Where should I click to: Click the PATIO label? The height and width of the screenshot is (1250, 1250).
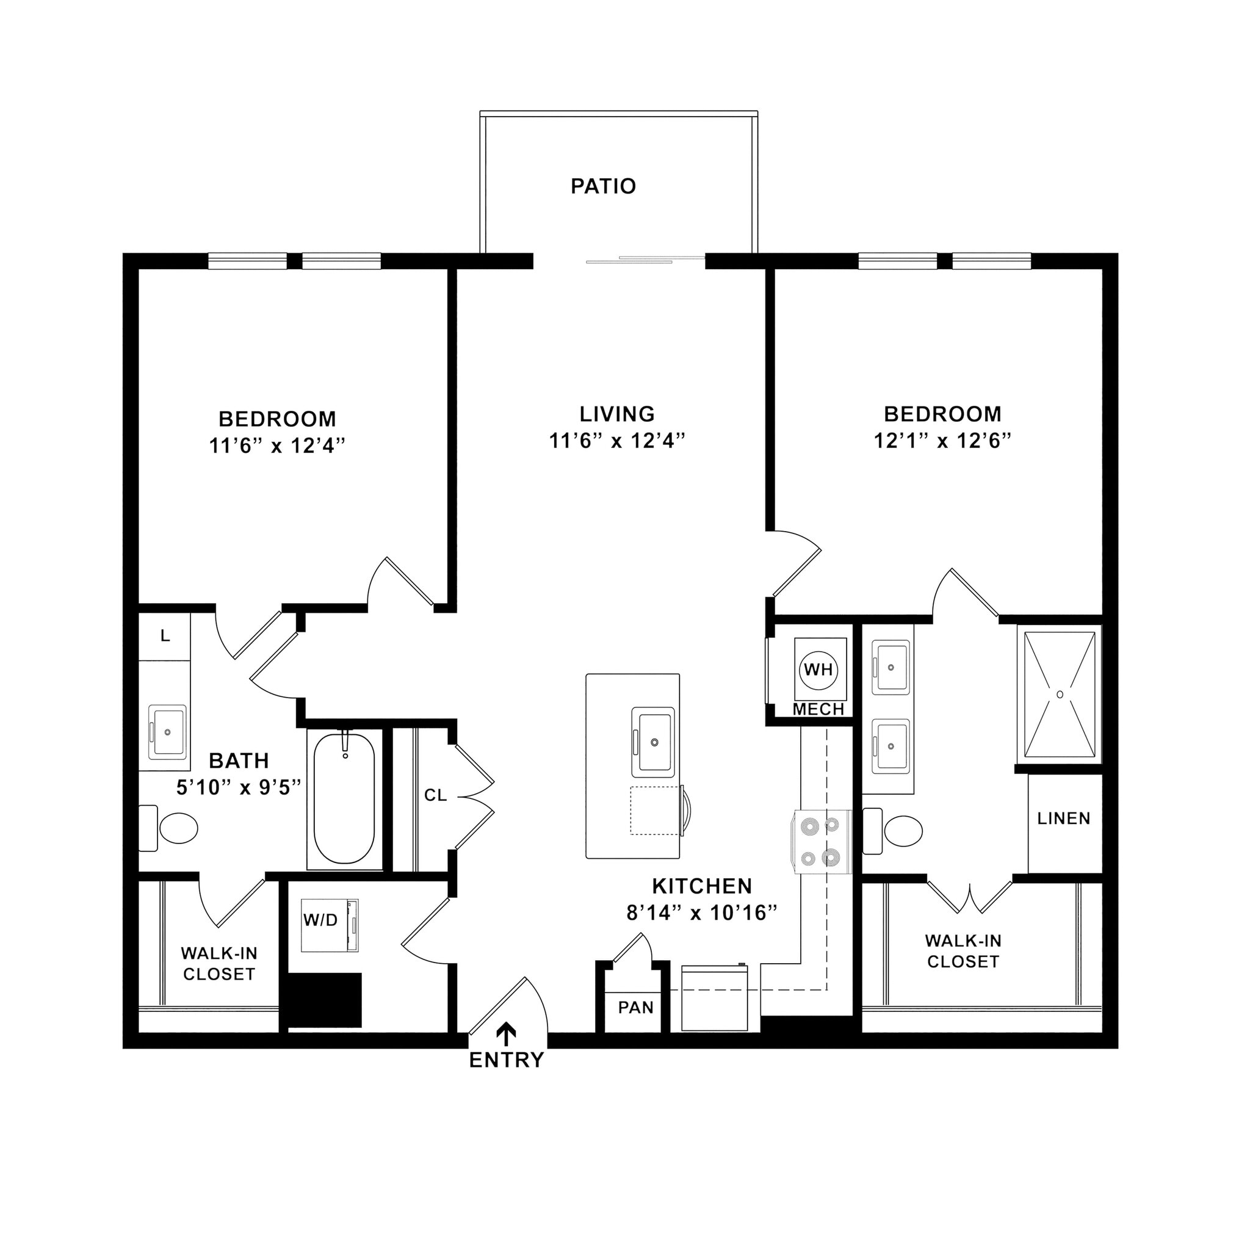point(603,186)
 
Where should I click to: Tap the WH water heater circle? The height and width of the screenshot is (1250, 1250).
point(818,669)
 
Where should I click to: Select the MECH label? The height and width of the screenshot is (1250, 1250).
point(818,710)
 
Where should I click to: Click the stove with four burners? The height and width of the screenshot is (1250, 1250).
point(820,841)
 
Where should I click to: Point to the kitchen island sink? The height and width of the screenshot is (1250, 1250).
point(654,742)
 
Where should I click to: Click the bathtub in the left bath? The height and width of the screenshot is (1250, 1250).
point(344,798)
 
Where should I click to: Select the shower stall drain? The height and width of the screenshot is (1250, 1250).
point(1060,694)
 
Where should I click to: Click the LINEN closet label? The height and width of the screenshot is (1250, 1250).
point(1064,818)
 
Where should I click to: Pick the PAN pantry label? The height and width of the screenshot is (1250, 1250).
point(635,1007)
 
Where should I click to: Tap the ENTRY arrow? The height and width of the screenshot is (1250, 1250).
point(506,1033)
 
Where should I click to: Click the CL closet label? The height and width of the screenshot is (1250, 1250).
point(435,795)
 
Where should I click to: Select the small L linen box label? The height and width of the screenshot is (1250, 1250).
point(165,636)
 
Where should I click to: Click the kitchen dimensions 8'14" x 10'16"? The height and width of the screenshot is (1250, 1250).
point(701,913)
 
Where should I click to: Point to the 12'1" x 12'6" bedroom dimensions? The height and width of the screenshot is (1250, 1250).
point(942,441)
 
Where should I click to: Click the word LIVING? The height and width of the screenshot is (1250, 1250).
point(616,413)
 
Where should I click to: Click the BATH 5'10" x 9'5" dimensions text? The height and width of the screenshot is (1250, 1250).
point(239,787)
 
